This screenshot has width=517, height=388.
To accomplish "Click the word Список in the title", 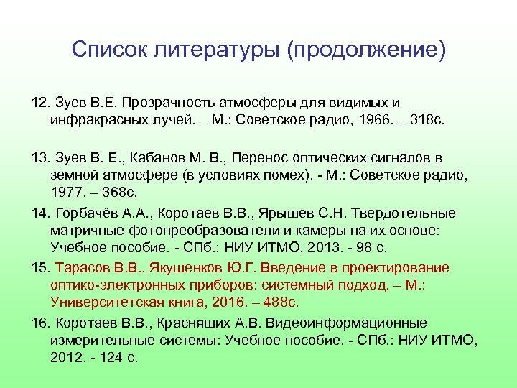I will coord(108,50).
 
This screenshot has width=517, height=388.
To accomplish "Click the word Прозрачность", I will coord(173,103).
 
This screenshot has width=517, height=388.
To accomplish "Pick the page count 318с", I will coord(427,120).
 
